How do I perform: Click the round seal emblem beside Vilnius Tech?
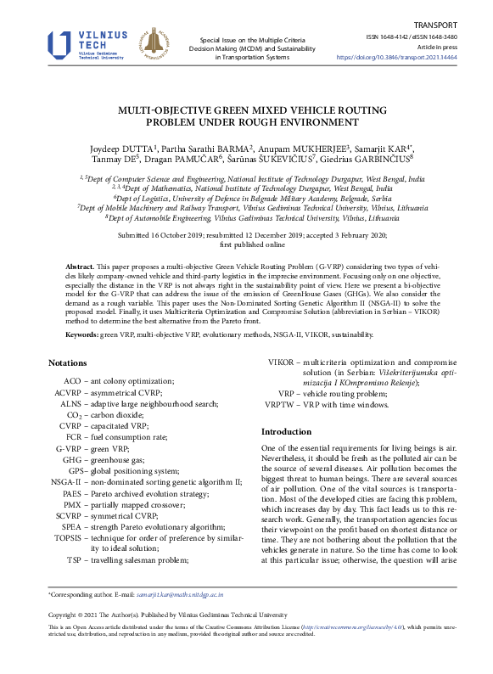point(153,45)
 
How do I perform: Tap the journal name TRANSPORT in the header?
point(458,25)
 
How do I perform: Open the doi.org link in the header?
point(408,58)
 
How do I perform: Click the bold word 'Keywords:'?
point(82,335)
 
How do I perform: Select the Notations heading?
point(68,363)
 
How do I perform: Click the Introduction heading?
point(287,431)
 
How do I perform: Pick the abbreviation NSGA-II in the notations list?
point(65,481)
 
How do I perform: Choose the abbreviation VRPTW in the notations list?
point(279,405)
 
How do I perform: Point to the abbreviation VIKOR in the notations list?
point(280,362)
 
